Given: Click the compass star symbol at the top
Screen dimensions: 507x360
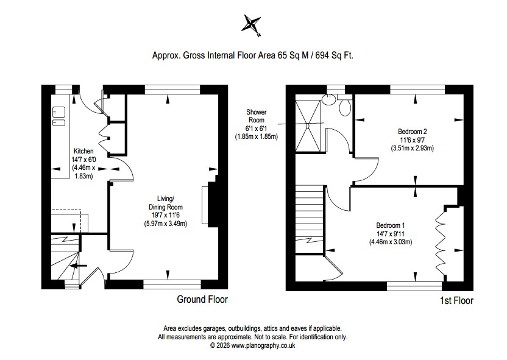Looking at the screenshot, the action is (251, 24).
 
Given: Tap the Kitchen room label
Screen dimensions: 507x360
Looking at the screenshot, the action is (83, 151).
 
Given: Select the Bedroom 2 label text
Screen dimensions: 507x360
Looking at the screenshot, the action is (413, 132).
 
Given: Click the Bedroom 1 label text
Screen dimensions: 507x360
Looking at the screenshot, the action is (390, 225).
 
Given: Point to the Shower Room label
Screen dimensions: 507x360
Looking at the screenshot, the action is (257, 116).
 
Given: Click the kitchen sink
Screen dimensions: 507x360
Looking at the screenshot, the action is (58, 116).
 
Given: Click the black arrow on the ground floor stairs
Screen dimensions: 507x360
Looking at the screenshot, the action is (79, 266).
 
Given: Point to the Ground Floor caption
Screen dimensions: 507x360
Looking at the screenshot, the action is (202, 299).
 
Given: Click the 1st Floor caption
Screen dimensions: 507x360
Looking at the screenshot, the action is (456, 300).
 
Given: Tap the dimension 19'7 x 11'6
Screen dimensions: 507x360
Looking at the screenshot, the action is (165, 215).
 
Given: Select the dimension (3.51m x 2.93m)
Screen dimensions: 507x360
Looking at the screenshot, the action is (413, 149).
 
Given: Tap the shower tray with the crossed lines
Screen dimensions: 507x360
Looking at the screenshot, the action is (308, 125).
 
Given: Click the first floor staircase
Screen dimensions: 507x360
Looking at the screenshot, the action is (310, 219).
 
